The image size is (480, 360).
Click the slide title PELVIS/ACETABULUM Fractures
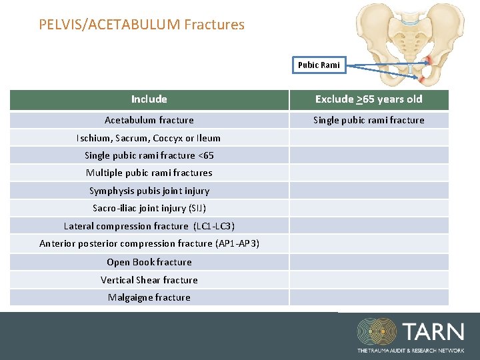click(141, 25)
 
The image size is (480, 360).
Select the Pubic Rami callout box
click(319, 65)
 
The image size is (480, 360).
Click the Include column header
click(149, 99)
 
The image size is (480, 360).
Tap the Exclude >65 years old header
click(369, 99)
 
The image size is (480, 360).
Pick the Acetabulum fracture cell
click(149, 120)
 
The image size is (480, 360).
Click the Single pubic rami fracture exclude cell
click(369, 120)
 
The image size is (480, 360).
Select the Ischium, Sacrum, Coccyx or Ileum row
click(149, 138)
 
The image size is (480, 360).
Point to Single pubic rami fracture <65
click(149, 155)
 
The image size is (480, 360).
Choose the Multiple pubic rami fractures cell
click(149, 173)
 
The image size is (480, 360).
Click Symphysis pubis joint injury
click(149, 191)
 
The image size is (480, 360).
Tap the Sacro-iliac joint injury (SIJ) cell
click(149, 208)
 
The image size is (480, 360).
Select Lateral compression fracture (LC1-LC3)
click(149, 226)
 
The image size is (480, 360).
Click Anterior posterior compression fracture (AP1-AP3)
click(149, 243)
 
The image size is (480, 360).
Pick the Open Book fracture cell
click(149, 262)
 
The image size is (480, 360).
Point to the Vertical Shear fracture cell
click(149, 280)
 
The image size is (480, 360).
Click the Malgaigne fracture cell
click(149, 297)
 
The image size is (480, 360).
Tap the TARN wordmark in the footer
click(433, 332)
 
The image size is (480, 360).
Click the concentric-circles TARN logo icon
click(377, 332)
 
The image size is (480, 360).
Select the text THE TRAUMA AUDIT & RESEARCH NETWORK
click(410, 350)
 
